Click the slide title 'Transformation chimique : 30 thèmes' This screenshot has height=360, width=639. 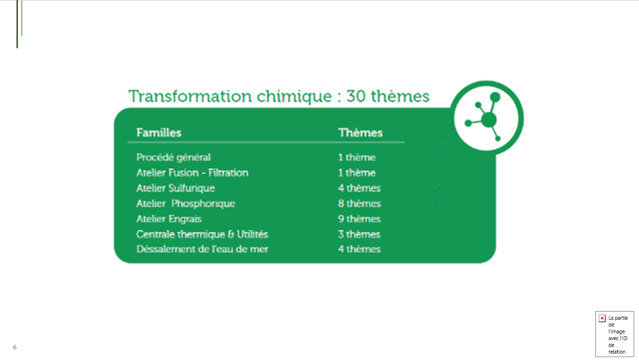coord(279,96)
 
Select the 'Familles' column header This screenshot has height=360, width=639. coord(159,133)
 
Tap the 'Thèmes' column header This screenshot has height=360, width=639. coord(360,133)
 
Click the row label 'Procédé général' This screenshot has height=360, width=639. coord(173,157)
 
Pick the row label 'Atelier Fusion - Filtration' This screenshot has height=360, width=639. coord(192,173)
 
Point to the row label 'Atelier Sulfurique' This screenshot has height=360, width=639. coord(176,188)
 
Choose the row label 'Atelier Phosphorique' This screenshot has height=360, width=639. coord(186,203)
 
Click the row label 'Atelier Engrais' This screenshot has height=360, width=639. coord(169,219)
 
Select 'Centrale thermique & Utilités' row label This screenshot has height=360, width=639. coord(202,234)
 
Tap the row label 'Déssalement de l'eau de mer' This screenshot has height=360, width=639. coord(202,249)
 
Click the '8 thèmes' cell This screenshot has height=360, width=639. coord(359,203)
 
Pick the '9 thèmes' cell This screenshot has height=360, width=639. coord(359,219)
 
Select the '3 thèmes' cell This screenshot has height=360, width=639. coord(359,234)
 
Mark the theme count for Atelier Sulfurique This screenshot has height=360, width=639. coord(359,188)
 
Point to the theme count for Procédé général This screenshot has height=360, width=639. coord(357,157)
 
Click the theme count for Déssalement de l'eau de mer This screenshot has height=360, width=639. coord(359,249)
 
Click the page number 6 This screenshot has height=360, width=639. coord(15,347)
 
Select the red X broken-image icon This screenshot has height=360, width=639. coord(602,318)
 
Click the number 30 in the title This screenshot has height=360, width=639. coord(356,96)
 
